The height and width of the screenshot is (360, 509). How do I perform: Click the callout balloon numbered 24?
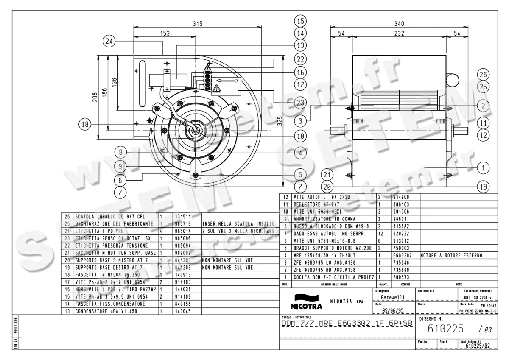pyautogui.click(x=109, y=41)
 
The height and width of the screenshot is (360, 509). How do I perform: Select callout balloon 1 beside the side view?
pyautogui.click(x=483, y=168)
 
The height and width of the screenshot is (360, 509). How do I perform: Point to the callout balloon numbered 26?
pyautogui.click(x=483, y=75)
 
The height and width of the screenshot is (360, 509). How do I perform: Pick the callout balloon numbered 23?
pyautogui.click(x=300, y=102)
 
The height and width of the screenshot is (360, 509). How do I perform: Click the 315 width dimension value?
pyautogui.click(x=197, y=24)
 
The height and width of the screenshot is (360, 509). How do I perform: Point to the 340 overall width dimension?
pyautogui.click(x=399, y=24)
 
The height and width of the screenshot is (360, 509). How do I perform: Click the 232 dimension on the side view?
pyautogui.click(x=399, y=33)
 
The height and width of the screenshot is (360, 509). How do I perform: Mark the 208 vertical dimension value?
pyautogui.click(x=95, y=98)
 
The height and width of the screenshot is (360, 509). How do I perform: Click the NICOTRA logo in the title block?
pyautogui.click(x=306, y=301)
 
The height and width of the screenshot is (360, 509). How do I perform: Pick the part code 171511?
pyautogui.click(x=183, y=216)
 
